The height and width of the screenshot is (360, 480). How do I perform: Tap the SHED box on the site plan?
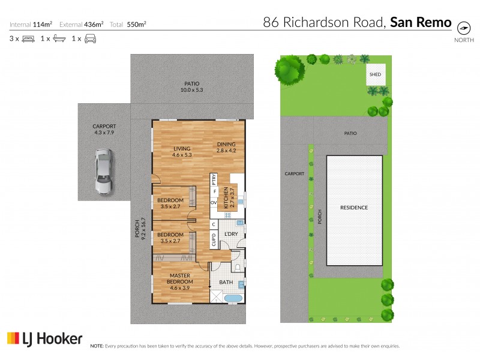tap(376, 74)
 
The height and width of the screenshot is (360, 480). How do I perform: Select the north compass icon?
tap(463, 28)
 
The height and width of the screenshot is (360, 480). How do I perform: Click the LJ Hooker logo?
tap(44, 338)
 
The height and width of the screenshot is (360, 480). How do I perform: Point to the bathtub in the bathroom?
tap(231, 298)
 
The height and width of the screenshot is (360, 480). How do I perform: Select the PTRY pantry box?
tap(213, 179)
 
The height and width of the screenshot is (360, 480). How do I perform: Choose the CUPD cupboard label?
tap(213, 241)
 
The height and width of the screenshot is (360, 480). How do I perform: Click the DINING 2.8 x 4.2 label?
tap(226, 146)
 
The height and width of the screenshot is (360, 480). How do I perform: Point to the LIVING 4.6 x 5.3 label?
tap(182, 152)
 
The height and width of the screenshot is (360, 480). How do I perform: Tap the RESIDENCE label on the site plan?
tap(354, 208)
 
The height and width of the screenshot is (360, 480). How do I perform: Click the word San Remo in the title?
tap(421, 22)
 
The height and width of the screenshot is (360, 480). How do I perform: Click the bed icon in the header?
tap(28, 39)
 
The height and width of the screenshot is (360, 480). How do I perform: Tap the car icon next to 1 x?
tap(89, 39)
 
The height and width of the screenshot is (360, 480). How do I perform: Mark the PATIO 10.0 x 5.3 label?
tap(191, 87)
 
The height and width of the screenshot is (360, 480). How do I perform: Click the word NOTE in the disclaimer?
tap(97, 346)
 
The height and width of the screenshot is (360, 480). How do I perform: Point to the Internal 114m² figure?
tap(31, 24)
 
